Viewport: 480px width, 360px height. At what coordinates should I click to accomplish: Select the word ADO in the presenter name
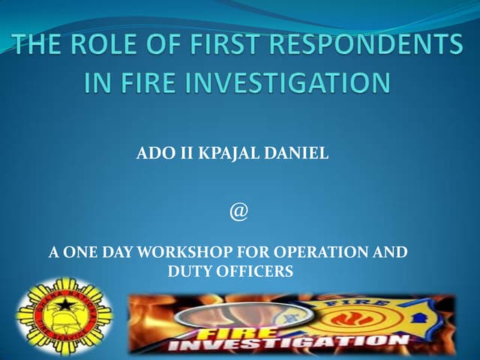click(152, 155)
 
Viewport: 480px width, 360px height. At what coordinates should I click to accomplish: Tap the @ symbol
click(238, 212)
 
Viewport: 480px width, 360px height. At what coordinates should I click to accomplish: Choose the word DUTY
click(188, 271)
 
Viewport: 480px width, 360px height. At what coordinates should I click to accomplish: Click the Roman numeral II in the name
click(178, 155)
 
